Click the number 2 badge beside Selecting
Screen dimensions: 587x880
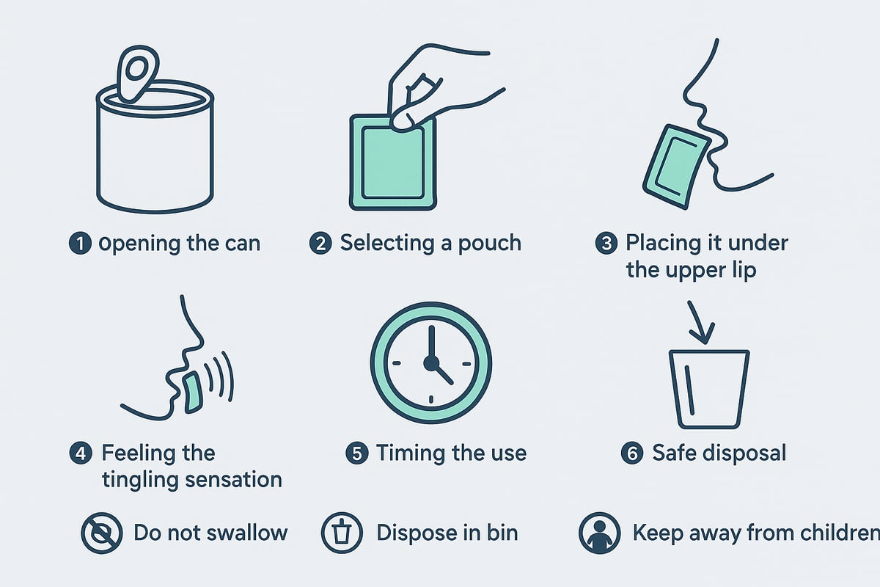point(320,243)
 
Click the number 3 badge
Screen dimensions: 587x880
point(606,243)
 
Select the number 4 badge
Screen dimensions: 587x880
point(81,453)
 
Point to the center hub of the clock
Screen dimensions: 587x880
point(431,362)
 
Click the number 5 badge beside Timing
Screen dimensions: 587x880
point(356,453)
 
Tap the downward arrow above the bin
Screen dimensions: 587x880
point(703,323)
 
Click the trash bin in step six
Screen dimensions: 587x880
point(708,389)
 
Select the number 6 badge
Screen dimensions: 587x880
point(631,453)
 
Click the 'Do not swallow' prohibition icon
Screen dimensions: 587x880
point(101,533)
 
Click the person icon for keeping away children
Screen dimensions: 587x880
point(599,533)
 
